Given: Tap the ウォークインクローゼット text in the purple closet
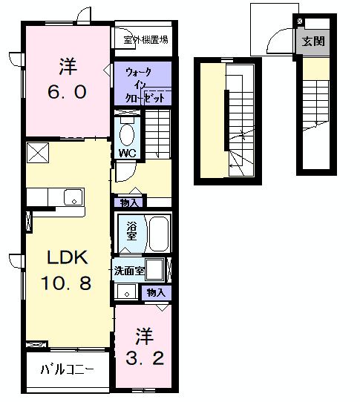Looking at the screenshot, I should (x=143, y=85).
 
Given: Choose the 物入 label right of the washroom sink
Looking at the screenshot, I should (x=156, y=293).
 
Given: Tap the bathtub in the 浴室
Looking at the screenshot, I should (x=158, y=234).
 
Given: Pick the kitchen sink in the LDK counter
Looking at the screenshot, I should (x=73, y=197).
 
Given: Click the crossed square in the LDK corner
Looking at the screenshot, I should (x=36, y=153).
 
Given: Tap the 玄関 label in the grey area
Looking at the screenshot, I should (x=312, y=41).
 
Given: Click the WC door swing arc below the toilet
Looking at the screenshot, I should (x=125, y=172).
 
